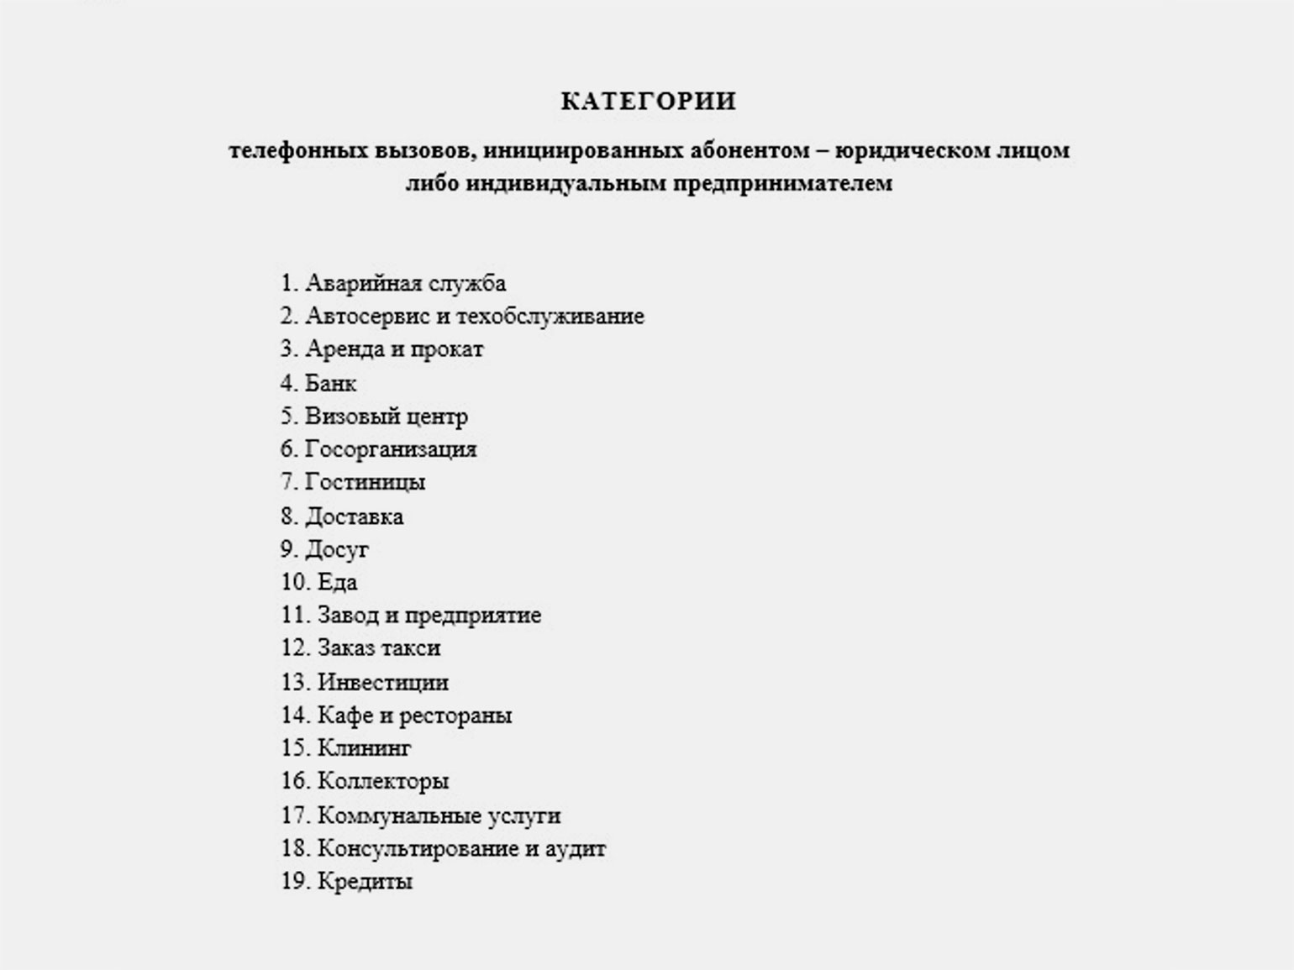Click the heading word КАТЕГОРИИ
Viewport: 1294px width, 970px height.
point(648,102)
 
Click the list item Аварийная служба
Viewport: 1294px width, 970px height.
point(405,283)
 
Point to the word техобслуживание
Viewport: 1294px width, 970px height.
point(550,317)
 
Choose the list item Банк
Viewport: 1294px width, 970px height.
point(330,384)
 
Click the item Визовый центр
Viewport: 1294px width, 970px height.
point(386,417)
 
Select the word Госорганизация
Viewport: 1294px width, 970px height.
point(391,449)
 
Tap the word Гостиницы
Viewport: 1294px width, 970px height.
point(365,482)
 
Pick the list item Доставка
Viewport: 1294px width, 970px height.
point(354,516)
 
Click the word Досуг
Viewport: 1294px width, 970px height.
point(336,550)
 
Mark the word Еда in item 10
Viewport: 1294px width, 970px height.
point(337,582)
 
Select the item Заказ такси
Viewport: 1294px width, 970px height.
point(378,648)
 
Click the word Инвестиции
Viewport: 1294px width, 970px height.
point(382,682)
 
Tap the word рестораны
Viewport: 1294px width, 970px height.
point(455,716)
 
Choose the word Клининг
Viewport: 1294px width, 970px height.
point(364,748)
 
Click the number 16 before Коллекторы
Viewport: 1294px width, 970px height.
point(294,781)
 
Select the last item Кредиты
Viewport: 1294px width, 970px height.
point(365,882)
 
